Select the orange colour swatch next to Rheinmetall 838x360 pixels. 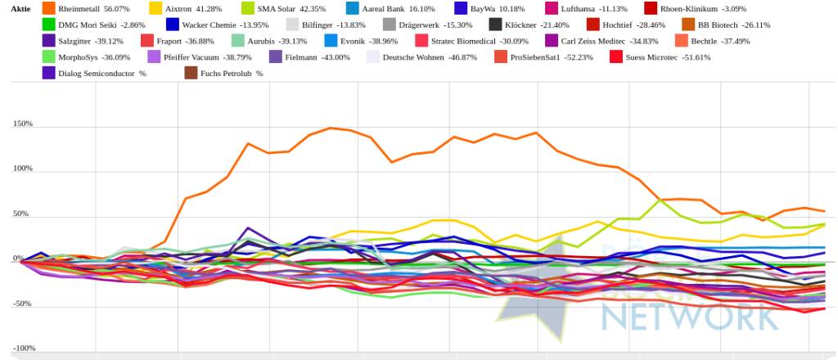(48, 8)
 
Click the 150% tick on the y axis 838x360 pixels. (22, 124)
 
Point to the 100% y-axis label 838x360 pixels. (22, 169)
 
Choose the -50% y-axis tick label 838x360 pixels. (22, 304)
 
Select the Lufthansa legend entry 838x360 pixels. (582, 8)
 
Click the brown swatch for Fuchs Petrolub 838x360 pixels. (191, 74)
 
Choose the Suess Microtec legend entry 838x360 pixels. (663, 57)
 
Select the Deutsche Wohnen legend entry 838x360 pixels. (413, 57)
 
